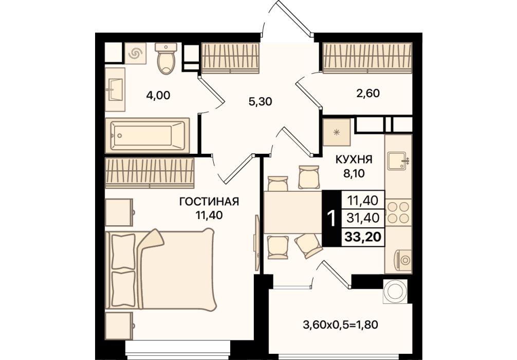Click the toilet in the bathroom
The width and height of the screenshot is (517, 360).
point(166,59)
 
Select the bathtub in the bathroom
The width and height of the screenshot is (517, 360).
point(147,136)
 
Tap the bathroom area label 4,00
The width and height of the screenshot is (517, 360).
point(158,95)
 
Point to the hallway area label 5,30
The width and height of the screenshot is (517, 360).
point(260,101)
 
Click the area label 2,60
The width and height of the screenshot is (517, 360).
point(368,93)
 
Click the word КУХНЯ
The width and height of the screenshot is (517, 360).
point(354,159)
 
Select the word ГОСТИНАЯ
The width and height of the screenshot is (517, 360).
point(209,201)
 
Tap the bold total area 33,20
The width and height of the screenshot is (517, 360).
point(363,236)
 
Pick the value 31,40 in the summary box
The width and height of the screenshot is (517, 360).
point(363,218)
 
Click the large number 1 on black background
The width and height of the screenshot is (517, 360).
point(331,218)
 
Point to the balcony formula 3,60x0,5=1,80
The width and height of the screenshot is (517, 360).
point(340,325)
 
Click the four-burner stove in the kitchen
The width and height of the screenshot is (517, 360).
point(398,212)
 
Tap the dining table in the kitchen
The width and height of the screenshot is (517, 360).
point(293,212)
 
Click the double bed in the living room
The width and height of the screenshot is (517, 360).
point(160,269)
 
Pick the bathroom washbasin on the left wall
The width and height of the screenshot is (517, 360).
point(115,89)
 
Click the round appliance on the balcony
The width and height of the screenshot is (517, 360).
point(395,292)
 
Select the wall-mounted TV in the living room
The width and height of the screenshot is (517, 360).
point(256,243)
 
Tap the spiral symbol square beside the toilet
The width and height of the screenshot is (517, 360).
point(136,53)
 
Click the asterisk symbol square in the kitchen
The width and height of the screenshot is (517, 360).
point(337,132)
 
